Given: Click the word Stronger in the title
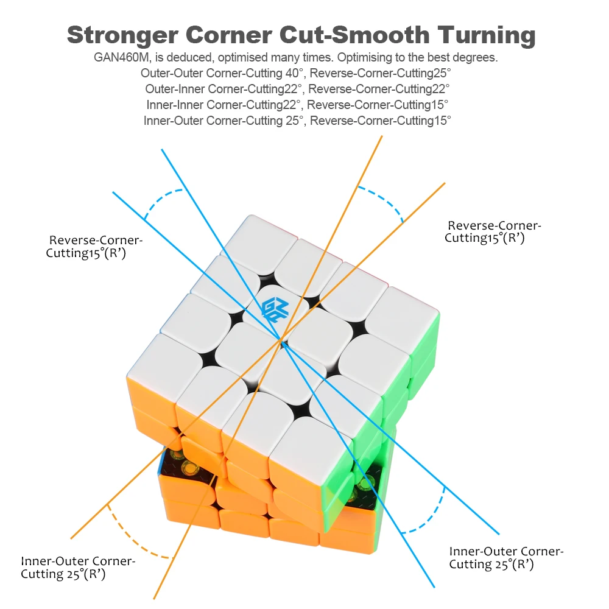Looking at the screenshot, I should pyautogui.click(x=122, y=35).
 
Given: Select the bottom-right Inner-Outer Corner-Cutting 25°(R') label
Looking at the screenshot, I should pyautogui.click(x=506, y=558).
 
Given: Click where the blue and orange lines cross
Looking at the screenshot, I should pyautogui.click(x=282, y=342).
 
